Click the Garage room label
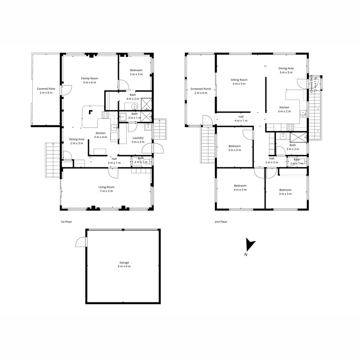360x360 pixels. click(x=124, y=264)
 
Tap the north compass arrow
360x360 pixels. click(x=250, y=245)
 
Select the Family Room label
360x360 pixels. click(x=89, y=80)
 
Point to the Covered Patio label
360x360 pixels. click(x=46, y=91)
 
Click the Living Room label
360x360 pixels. click(x=106, y=189)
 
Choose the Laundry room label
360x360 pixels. click(x=138, y=140)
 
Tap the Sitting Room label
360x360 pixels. click(x=239, y=82)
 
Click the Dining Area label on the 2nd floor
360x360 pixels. click(x=286, y=70)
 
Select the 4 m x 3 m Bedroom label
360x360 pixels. click(x=240, y=188)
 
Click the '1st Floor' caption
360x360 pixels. click(x=66, y=222)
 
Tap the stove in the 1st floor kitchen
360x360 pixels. click(x=105, y=115)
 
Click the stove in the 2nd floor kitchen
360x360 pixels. click(x=290, y=127)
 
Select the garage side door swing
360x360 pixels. click(x=81, y=242)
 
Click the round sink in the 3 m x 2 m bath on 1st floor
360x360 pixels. click(x=134, y=107)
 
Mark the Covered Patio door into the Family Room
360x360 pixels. click(x=66, y=90)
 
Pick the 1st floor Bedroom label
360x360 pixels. click(x=136, y=72)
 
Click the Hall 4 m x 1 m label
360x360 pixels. click(x=241, y=118)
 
